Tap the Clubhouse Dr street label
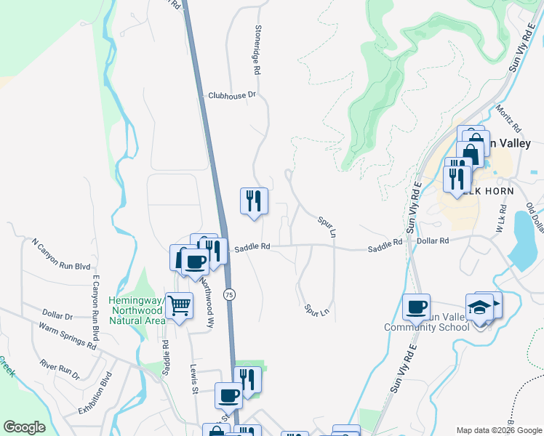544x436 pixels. coord(232,95)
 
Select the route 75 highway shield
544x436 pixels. coord(229,294)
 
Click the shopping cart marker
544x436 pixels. coord(179,306)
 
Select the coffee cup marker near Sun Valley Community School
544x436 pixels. coord(417,306)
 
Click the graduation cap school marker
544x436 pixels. coord(480,307)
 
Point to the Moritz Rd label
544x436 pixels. coord(506,116)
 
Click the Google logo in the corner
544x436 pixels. coord(25,427)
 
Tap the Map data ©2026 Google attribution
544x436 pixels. coord(498,430)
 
